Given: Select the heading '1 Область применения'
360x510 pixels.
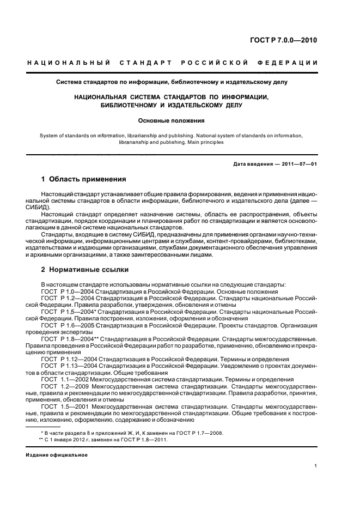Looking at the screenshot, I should [84, 179].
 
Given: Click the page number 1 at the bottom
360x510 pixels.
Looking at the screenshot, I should [316, 465].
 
